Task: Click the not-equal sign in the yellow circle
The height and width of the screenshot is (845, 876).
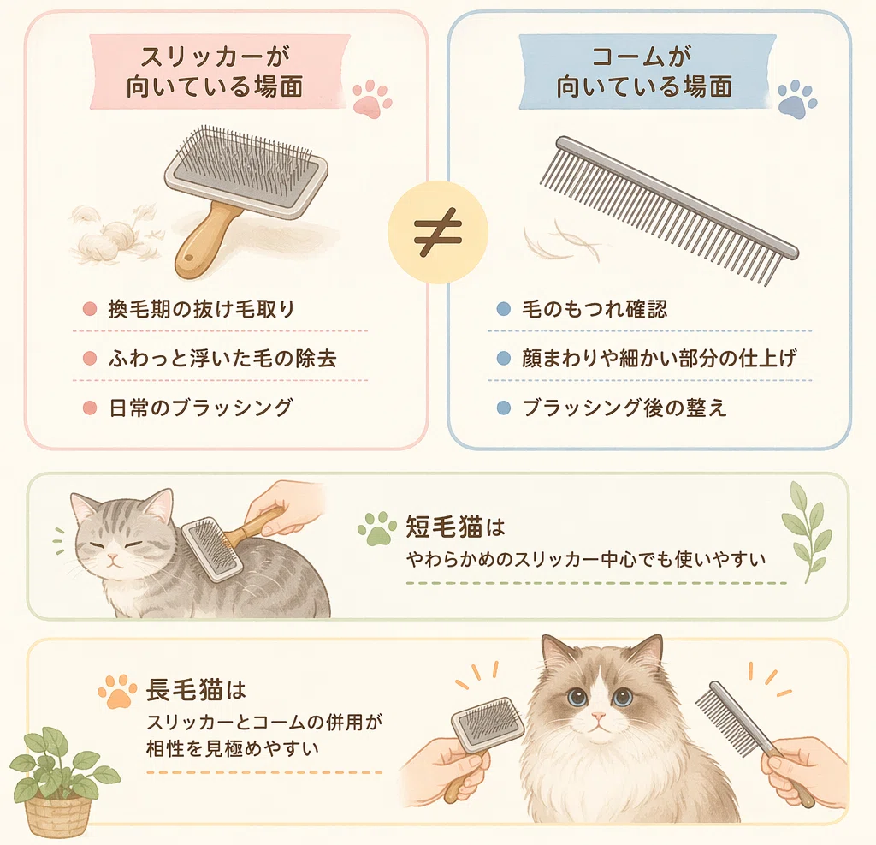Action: (x=438, y=233)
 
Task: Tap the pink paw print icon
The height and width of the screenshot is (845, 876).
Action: (x=371, y=98)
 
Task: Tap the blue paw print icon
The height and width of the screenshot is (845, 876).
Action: (x=797, y=99)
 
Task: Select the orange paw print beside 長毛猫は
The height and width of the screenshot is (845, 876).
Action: (x=117, y=691)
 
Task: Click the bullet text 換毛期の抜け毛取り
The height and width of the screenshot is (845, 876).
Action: (x=201, y=309)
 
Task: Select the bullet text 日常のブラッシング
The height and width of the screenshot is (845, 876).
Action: (x=200, y=408)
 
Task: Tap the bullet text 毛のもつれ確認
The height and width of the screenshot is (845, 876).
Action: (x=595, y=309)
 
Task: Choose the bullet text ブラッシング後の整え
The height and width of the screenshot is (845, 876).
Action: (x=624, y=408)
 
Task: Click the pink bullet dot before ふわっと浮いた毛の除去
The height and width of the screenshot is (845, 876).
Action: (x=89, y=359)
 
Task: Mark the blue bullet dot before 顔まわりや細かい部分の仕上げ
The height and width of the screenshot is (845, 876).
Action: (x=503, y=359)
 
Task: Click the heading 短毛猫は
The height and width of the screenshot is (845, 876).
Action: (x=455, y=527)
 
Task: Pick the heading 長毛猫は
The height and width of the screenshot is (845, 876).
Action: (x=196, y=690)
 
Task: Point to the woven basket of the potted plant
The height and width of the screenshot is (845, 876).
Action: (x=58, y=815)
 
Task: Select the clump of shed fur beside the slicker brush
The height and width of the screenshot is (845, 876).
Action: (x=117, y=235)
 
